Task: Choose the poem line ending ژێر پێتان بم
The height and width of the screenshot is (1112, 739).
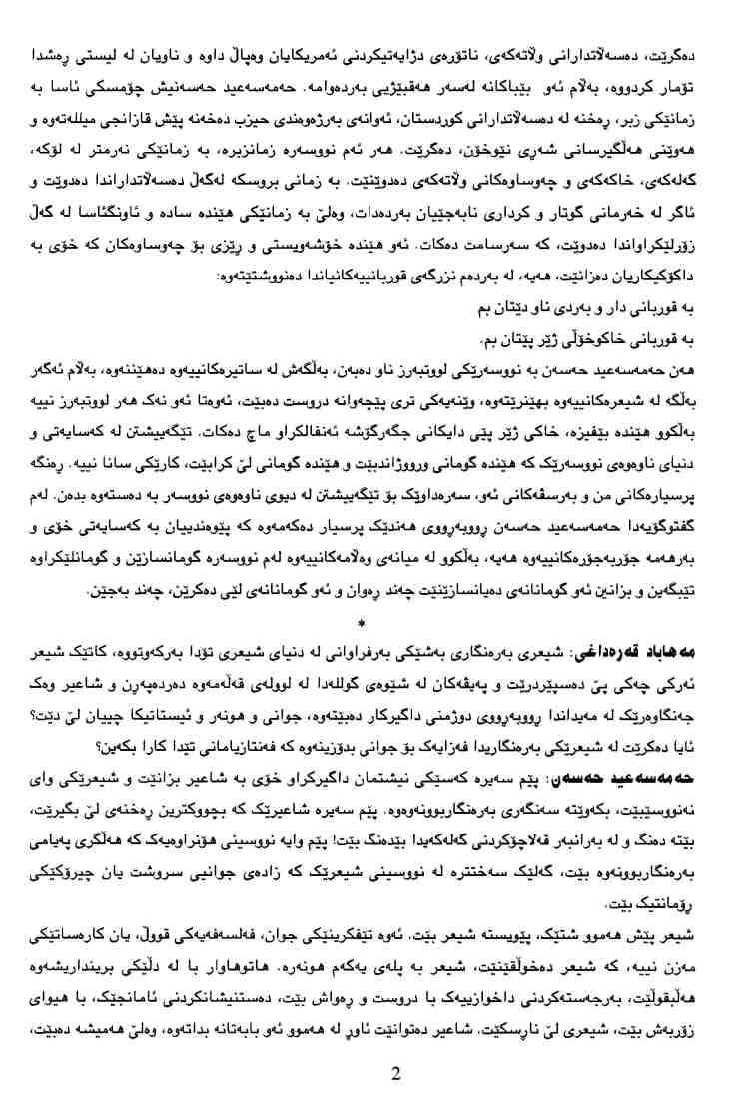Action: coord(593,341)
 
